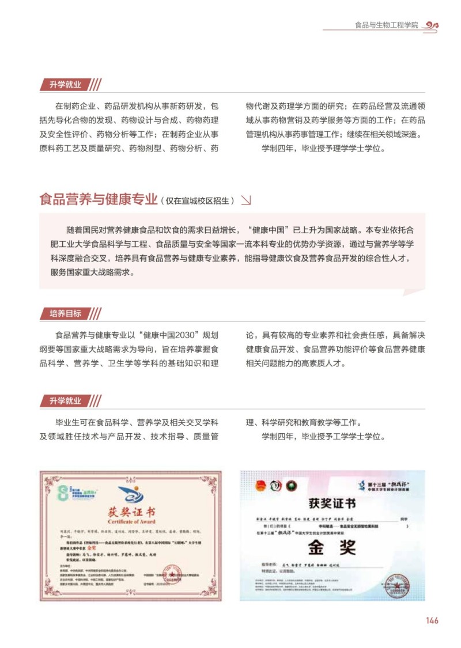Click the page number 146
coord(432,620)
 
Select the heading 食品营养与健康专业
coord(99,200)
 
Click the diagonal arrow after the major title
coord(245,200)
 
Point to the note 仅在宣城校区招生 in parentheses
coord(199,201)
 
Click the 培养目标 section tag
coord(65,314)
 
